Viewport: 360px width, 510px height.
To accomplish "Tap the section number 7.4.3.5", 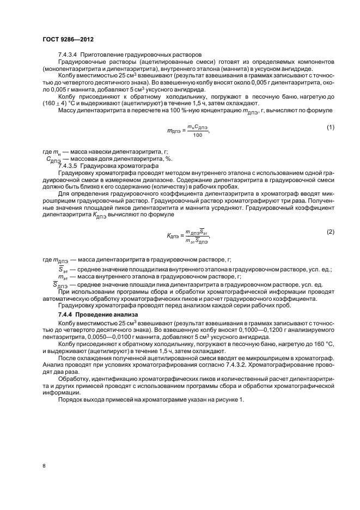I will (67, 165).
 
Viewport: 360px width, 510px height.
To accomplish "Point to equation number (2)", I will (330, 232).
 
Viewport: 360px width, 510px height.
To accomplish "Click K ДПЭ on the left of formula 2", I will (173, 236).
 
